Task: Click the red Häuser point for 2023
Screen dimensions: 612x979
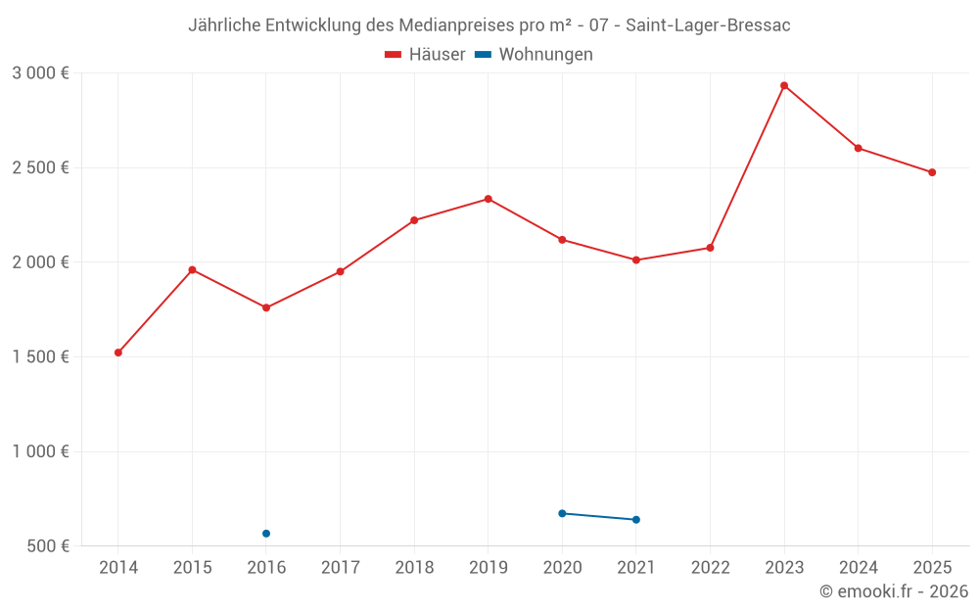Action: [x=784, y=85]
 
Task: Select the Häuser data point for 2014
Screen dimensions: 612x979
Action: [x=118, y=353]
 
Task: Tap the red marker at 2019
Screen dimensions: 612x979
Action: [x=489, y=199]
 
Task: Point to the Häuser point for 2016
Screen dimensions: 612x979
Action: [x=266, y=307]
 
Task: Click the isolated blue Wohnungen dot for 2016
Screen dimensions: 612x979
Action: [x=266, y=534]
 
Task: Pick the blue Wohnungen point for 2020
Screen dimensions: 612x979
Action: [x=562, y=513]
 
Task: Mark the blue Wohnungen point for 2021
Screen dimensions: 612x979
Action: [x=636, y=520]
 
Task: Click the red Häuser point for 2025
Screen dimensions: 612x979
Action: [x=932, y=172]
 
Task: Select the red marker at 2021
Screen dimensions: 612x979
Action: [x=636, y=259]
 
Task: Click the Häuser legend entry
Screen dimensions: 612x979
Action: [x=425, y=55]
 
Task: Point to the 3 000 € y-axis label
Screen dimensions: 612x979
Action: [x=40, y=72]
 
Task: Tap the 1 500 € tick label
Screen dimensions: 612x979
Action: [x=40, y=356]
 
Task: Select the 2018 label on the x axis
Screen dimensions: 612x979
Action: [x=414, y=567]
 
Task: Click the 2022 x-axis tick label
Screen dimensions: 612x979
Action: [x=710, y=567]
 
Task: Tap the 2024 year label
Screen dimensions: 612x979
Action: [x=858, y=567]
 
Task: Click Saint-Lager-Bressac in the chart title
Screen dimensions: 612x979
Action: [x=708, y=25]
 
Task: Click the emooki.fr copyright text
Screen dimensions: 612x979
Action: [x=893, y=591]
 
